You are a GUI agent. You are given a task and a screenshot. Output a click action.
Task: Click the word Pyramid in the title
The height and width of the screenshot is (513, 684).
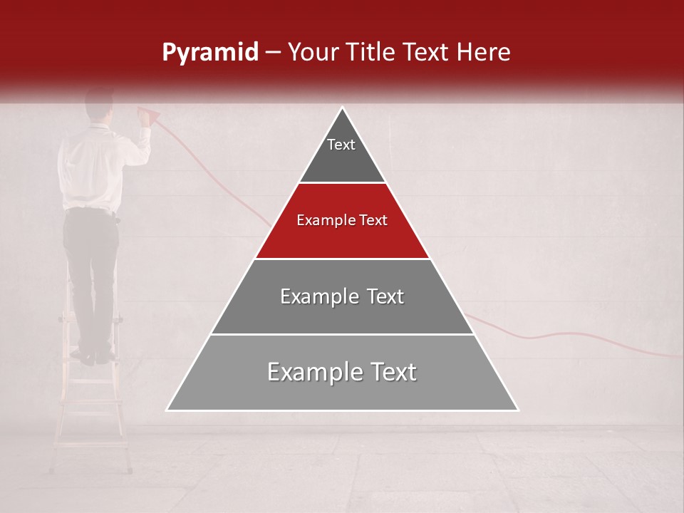(x=210, y=53)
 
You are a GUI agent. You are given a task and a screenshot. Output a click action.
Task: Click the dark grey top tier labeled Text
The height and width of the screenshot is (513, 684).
(x=341, y=153)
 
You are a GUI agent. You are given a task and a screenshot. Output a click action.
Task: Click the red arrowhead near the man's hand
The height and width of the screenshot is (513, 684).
(x=150, y=115)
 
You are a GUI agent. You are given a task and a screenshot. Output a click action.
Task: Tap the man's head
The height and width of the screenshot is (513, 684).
(x=99, y=104)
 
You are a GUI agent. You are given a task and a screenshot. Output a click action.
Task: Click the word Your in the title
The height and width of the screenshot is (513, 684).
(x=311, y=53)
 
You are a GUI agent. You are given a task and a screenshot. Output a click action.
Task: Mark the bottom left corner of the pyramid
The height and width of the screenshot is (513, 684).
(x=167, y=410)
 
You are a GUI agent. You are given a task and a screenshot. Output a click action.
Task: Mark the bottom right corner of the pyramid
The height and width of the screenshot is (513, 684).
(x=518, y=410)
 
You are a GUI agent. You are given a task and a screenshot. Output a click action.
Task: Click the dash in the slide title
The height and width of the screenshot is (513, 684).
(x=273, y=53)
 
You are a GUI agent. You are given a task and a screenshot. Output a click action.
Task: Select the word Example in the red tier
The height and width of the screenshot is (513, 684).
(x=321, y=221)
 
